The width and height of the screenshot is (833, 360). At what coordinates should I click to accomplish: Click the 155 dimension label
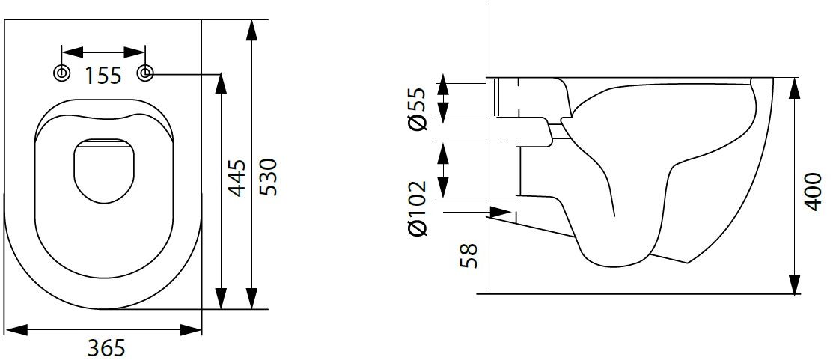(103, 75)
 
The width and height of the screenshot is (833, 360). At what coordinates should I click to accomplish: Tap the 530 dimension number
(268, 177)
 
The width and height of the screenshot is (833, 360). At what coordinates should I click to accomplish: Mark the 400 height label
(813, 190)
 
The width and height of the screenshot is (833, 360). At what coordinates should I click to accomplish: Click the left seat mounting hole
(61, 73)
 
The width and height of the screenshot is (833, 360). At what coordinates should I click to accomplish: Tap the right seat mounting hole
(146, 73)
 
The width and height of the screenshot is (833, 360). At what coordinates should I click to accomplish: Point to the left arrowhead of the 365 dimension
(16, 329)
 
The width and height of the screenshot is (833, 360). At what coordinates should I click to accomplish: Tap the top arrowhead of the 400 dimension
(793, 87)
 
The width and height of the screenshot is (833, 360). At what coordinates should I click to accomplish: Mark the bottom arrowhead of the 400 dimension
(793, 284)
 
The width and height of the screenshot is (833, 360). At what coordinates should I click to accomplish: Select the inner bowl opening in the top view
(103, 172)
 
